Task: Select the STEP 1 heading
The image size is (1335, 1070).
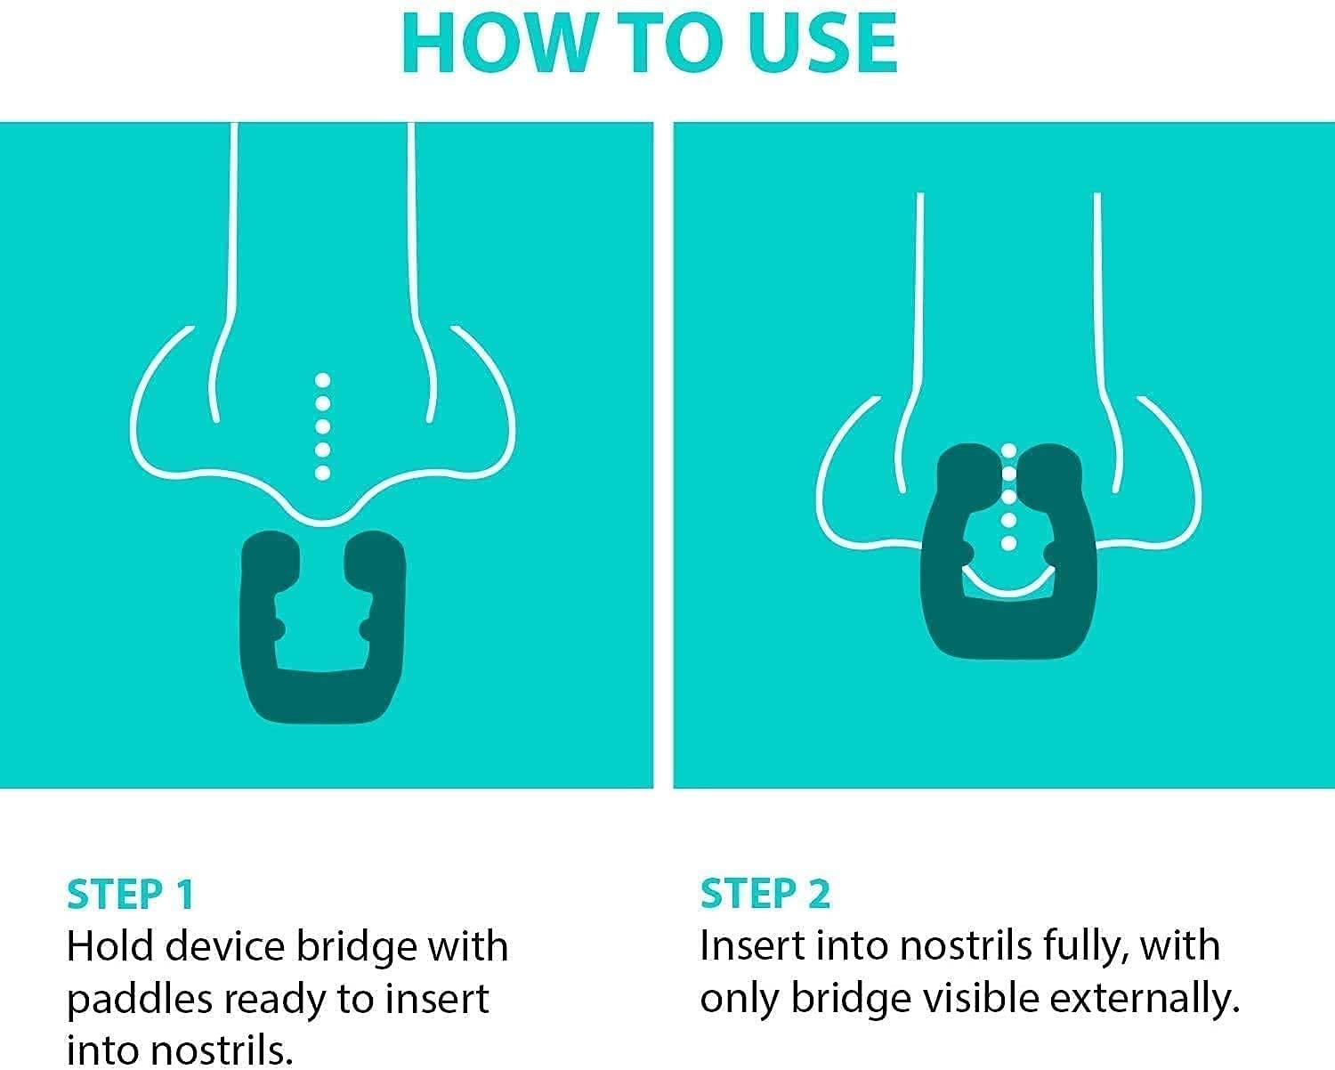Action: (130, 895)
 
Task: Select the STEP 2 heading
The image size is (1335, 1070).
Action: (765, 894)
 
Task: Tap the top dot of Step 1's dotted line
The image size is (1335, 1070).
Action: (322, 381)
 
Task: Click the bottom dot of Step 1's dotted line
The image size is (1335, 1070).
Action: (322, 473)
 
